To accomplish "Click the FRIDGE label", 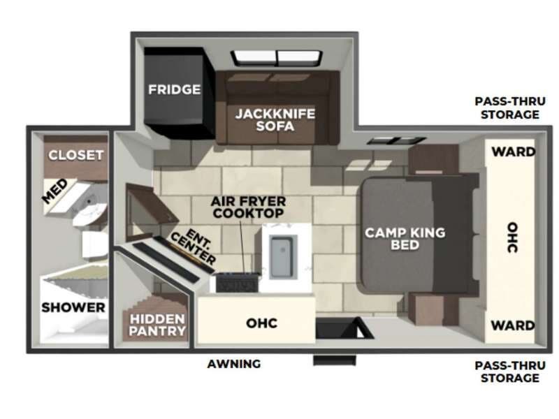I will point(174,89).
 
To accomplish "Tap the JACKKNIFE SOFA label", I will point(275,119).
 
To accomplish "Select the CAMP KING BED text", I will point(405,239).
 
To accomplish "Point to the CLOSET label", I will point(76,155).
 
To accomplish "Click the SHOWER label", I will point(73,307).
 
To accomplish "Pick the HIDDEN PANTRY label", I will point(157,324).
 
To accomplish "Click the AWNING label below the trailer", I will point(234,364).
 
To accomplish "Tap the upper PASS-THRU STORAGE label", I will point(509,108).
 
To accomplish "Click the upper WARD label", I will point(514,152).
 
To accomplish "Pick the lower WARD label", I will point(513,325).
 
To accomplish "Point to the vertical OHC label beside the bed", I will point(512,237).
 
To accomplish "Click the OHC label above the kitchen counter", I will point(262,323).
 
